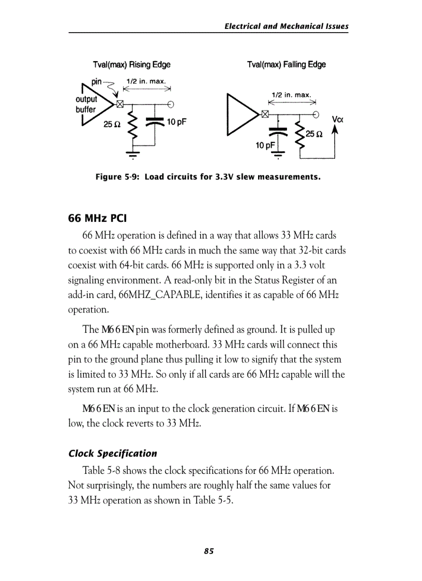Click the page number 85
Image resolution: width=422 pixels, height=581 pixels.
click(x=209, y=551)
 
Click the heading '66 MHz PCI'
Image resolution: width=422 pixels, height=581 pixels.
click(x=98, y=217)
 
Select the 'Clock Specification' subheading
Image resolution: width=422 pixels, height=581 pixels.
click(x=113, y=453)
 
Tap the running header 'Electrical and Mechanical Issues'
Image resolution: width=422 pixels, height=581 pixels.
click(x=287, y=26)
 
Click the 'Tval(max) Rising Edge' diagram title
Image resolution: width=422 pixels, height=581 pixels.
click(x=131, y=65)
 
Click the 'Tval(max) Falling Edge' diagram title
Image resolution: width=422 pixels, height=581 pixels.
click(x=287, y=65)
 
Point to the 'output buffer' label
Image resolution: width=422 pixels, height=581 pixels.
click(x=86, y=104)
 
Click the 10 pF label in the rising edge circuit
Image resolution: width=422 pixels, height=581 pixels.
click(x=176, y=122)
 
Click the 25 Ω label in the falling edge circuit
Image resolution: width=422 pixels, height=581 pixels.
click(x=314, y=134)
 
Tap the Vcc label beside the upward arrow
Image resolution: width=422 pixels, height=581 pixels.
click(x=339, y=120)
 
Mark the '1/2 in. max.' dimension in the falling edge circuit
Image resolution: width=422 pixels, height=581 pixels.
click(x=291, y=95)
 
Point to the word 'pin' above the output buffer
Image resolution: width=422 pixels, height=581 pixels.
click(x=97, y=82)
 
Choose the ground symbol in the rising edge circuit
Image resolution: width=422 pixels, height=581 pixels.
click(x=133, y=155)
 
